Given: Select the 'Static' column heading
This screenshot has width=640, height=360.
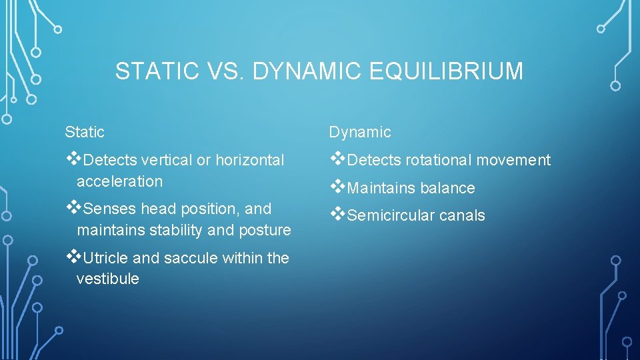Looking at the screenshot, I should click(84, 132).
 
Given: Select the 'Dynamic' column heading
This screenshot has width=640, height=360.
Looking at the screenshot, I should click(359, 132).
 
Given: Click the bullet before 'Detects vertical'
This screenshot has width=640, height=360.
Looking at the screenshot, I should click(72, 159).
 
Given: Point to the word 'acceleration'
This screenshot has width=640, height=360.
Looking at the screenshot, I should click(119, 181).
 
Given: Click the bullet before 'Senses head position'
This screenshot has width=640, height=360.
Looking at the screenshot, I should click(72, 208).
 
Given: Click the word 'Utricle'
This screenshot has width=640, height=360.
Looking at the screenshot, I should click(108, 258).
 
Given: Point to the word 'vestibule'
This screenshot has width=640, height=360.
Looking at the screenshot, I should click(107, 279).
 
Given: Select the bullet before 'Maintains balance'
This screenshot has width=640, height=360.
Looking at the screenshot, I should click(337, 187).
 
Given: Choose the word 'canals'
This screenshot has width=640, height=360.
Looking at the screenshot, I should click(461, 216).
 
